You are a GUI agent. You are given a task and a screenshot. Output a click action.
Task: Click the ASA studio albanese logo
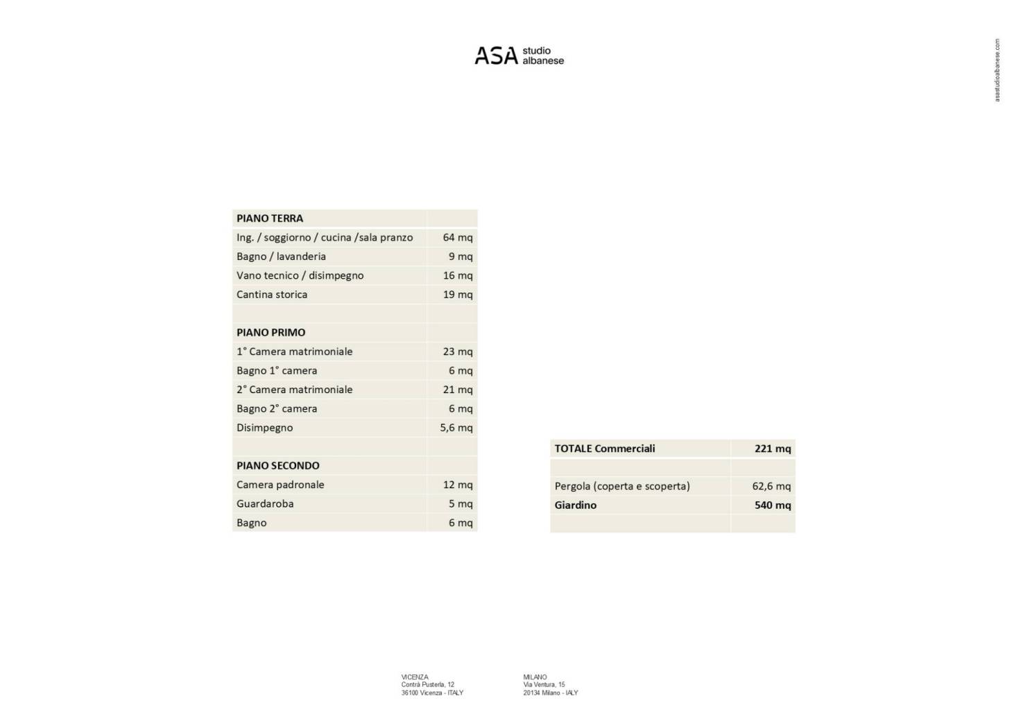point(519,55)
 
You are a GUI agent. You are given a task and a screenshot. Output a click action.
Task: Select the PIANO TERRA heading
point(270,218)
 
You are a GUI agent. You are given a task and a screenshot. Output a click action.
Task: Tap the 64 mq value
point(458,237)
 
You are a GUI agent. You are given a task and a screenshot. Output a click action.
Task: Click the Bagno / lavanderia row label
point(281,257)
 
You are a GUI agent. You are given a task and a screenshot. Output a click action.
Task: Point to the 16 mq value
point(458,275)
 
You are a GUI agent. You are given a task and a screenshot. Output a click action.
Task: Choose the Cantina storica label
point(272,295)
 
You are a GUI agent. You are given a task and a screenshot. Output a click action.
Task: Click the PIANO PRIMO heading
point(271,333)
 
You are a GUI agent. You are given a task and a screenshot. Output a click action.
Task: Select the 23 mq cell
point(458,352)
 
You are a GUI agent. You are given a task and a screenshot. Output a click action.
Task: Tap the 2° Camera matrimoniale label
point(294,390)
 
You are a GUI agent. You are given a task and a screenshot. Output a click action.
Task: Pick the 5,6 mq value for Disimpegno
point(456,428)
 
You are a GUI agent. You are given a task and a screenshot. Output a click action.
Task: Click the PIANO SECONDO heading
point(277,466)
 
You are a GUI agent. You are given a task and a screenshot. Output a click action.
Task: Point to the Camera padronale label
point(280,485)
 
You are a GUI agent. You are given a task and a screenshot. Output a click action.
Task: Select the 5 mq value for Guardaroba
point(461,504)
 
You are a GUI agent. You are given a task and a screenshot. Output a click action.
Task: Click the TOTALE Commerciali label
point(605,449)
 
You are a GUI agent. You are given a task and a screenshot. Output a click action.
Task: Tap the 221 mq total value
point(773,449)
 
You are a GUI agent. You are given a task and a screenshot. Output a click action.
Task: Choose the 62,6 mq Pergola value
point(771,486)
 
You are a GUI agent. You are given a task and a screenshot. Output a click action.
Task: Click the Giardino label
point(576,505)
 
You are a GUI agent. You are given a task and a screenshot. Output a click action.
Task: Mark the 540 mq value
point(773,505)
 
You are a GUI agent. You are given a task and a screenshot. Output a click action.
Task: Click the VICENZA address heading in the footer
point(415,677)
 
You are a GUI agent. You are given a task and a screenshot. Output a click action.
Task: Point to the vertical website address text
point(997,70)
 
